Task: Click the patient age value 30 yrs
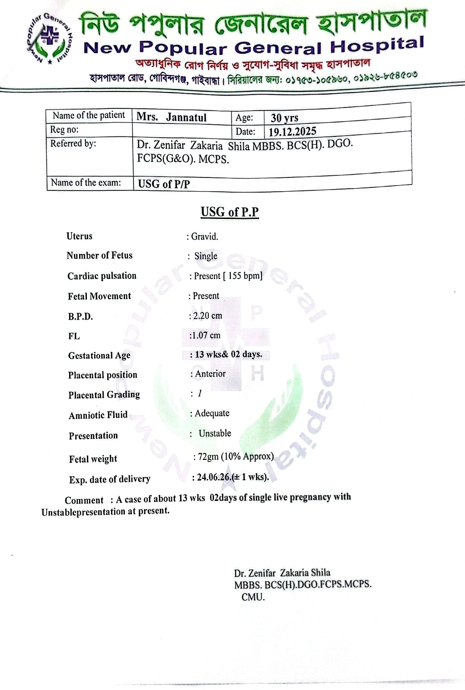[284, 118]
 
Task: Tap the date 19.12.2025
[292, 131]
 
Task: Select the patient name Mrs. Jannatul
[172, 117]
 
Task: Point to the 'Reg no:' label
[64, 130]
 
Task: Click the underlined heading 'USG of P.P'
[229, 212]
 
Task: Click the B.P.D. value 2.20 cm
[207, 316]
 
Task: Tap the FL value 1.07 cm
[206, 335]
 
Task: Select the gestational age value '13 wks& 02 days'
[228, 354]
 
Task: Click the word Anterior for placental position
[210, 374]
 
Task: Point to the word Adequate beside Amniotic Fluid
[212, 413]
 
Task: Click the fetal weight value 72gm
[208, 457]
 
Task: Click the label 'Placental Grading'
[104, 395]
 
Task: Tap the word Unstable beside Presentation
[215, 433]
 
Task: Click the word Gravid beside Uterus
[204, 237]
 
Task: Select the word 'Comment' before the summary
[84, 500]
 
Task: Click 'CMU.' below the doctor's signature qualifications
[253, 597]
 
